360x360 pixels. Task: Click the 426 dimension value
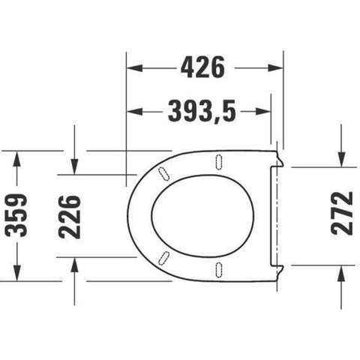[202, 67]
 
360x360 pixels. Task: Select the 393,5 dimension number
[202, 111]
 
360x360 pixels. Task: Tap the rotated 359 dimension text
[16, 215]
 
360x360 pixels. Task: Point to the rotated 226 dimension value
[70, 217]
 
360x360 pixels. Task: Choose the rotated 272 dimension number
[342, 213]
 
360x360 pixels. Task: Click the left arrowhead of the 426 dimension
[135, 67]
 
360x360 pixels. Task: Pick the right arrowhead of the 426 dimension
[275, 67]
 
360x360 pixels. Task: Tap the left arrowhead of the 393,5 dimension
[135, 111]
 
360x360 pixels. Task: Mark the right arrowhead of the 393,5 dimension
[263, 111]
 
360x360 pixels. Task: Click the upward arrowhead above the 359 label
[16, 159]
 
